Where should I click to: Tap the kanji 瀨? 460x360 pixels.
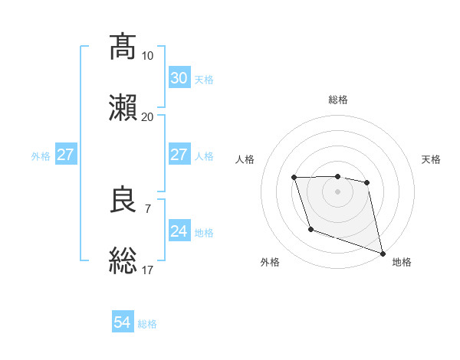coord(123,107)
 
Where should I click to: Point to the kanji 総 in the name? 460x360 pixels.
coord(123,260)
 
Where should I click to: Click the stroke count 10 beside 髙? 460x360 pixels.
coord(147,56)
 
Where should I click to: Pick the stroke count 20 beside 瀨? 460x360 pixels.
coord(147,116)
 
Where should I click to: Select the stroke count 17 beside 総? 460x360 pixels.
coord(147,270)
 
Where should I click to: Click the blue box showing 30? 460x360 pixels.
coord(179,78)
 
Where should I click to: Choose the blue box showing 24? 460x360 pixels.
coord(179,231)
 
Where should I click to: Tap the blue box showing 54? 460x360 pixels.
coord(123,323)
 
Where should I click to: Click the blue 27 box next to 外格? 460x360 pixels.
coord(65,155)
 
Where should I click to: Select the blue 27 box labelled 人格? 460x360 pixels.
coord(179,155)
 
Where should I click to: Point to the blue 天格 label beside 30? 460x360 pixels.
coord(204,80)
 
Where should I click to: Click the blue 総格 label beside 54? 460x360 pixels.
coord(147,324)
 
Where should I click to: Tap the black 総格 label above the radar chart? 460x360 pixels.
coord(338,100)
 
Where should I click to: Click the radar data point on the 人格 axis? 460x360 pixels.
coord(294,178)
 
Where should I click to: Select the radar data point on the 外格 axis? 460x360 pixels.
coord(310,229)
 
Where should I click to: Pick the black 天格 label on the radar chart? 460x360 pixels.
coord(431,159)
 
